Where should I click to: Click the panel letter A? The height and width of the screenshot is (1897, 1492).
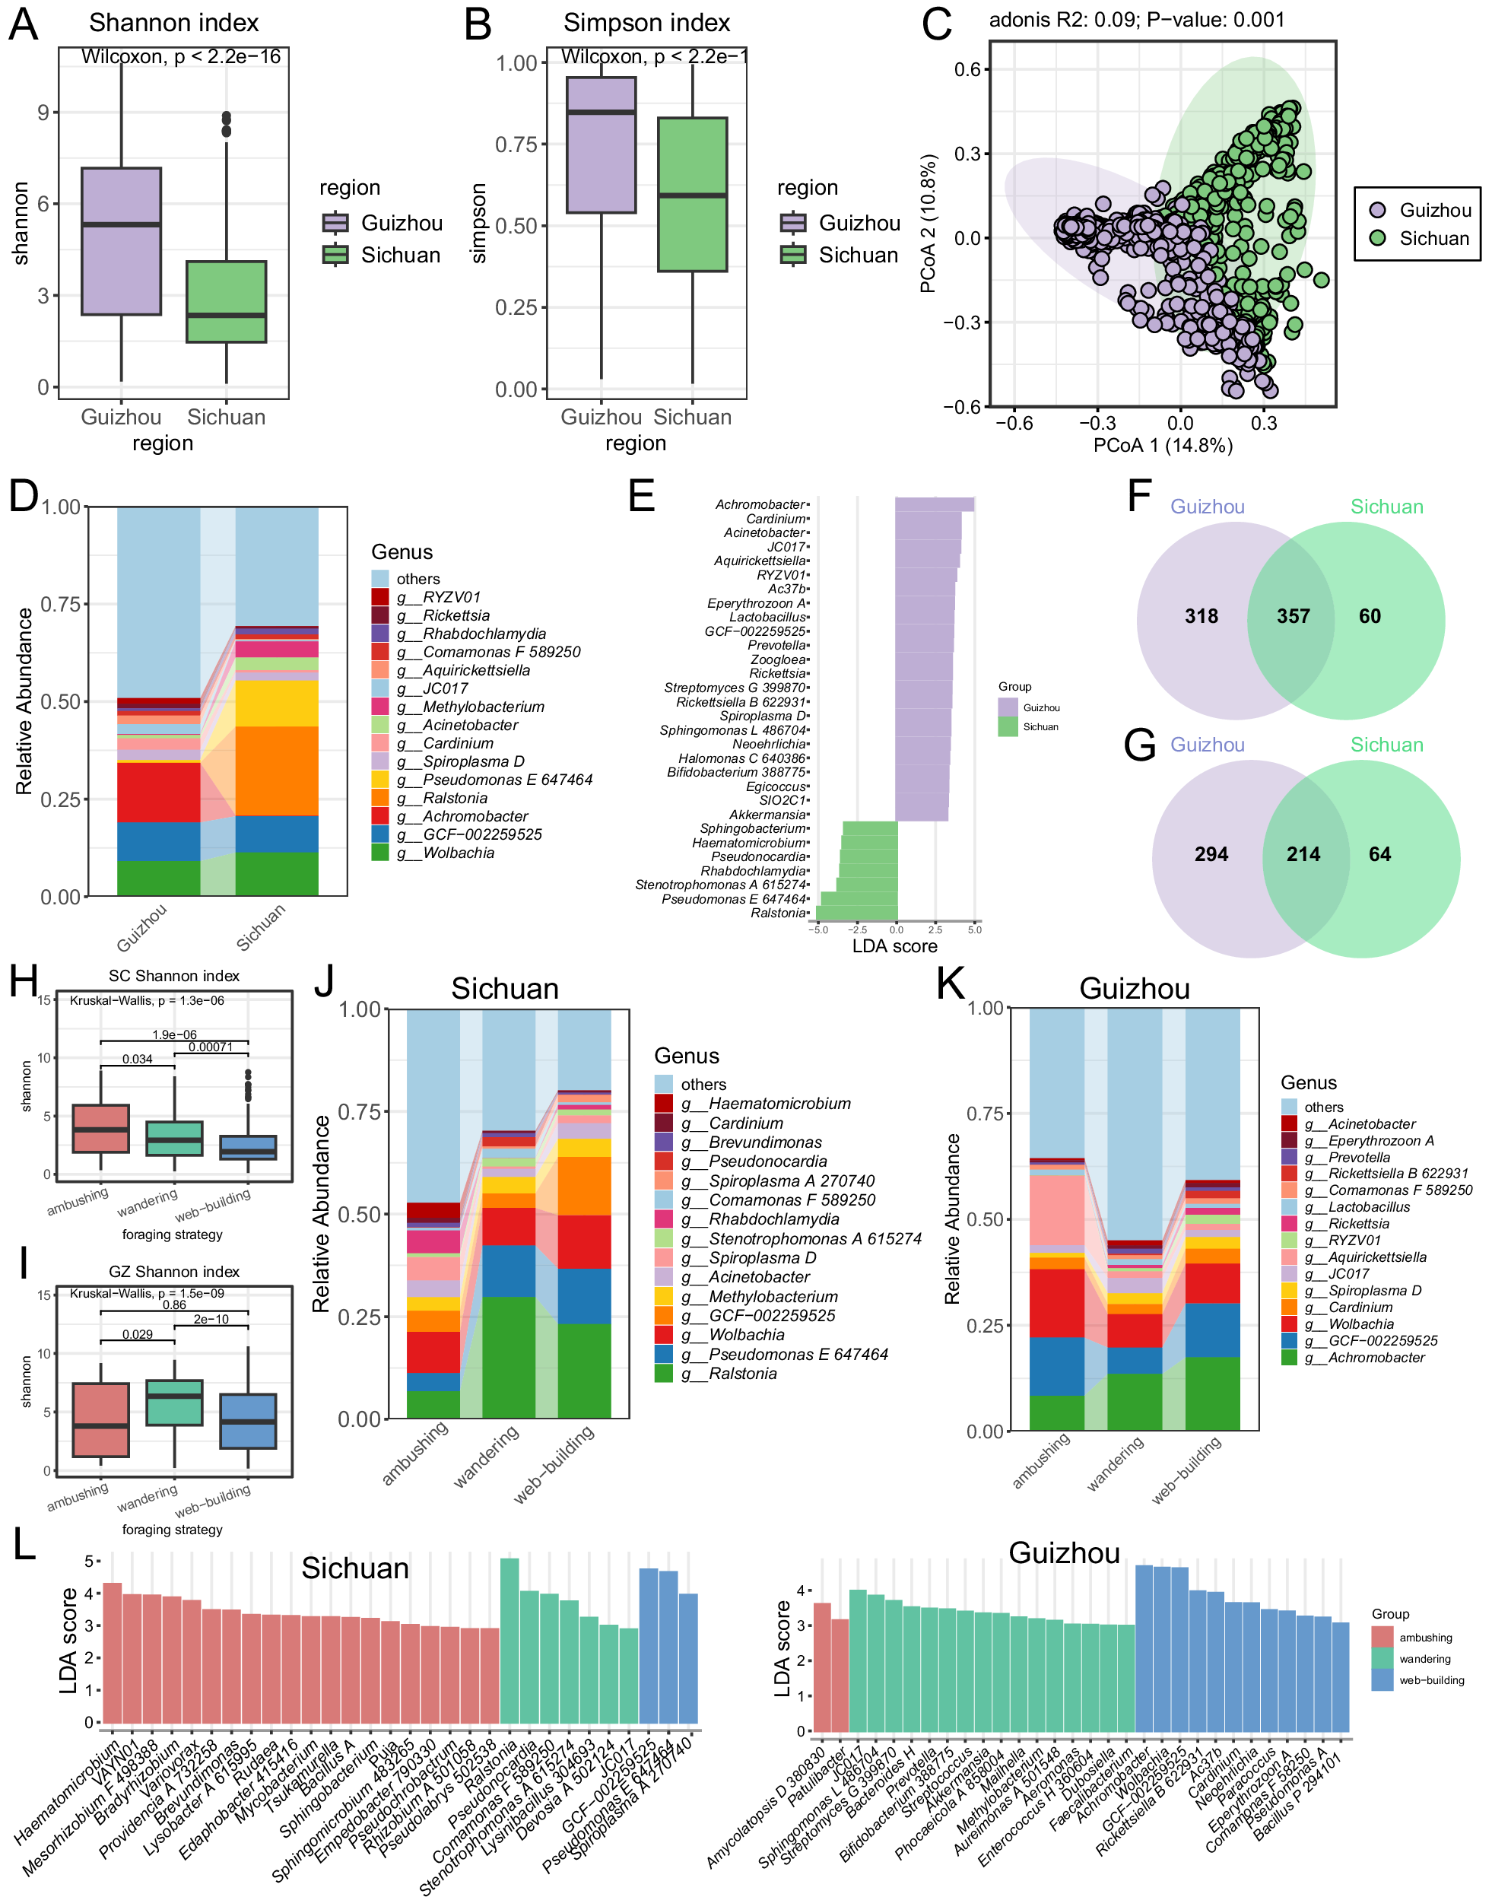coord(23,24)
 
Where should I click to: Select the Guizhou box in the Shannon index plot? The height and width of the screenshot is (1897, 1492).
coord(121,240)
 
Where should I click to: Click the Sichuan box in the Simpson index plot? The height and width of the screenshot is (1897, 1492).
coord(692,194)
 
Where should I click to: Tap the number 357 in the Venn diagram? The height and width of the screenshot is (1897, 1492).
coord(1293,616)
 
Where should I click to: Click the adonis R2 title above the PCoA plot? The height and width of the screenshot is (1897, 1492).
coord(1135,20)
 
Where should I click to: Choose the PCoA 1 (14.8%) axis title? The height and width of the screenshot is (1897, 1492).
coord(1163,446)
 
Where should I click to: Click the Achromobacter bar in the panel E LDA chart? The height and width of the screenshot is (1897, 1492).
coord(934,504)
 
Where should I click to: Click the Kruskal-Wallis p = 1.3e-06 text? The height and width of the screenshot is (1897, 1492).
coord(147,1000)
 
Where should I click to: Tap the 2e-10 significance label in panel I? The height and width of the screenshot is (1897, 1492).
coord(211,1320)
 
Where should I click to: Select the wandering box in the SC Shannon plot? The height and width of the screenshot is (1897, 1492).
coord(174,1138)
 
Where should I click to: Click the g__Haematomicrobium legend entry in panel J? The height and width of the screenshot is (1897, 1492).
coord(765,1104)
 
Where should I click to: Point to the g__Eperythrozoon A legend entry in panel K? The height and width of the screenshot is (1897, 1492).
coord(1380,1140)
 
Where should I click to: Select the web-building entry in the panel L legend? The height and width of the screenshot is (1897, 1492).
coord(1431,1679)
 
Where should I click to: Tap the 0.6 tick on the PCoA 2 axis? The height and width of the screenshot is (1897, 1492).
coord(967,69)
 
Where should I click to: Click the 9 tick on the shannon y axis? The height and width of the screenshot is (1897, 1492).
coord(43,113)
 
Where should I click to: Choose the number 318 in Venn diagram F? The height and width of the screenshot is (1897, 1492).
coord(1201,616)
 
